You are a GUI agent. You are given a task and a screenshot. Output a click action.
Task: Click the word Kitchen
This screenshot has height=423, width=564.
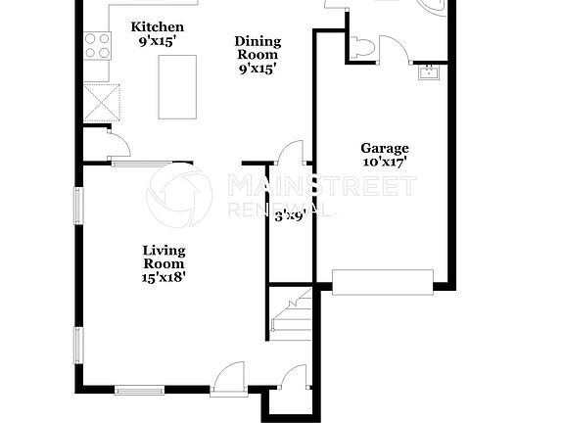[x=157, y=26]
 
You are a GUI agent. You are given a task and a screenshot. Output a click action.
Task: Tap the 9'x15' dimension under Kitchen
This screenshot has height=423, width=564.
[x=157, y=41]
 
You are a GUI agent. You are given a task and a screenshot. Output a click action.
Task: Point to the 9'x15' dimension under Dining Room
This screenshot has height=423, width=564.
[x=258, y=70]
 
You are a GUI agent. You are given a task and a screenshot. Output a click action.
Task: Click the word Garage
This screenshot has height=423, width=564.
[x=385, y=149]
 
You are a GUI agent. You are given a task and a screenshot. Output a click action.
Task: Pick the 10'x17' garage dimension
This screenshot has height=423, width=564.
[x=385, y=163]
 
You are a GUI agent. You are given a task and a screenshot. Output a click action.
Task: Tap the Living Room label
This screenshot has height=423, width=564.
[x=164, y=257]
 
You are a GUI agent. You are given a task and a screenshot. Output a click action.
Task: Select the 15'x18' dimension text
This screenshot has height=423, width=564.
[x=164, y=277]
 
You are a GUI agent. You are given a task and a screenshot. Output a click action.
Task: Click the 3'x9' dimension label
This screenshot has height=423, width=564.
[x=290, y=216]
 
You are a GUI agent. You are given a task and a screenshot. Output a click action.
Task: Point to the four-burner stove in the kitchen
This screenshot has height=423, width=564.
[x=97, y=45]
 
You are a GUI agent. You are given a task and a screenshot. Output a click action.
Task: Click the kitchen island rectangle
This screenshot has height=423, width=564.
[x=177, y=86]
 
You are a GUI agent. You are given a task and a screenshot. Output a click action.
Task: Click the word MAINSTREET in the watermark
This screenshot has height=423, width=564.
[x=322, y=185]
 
